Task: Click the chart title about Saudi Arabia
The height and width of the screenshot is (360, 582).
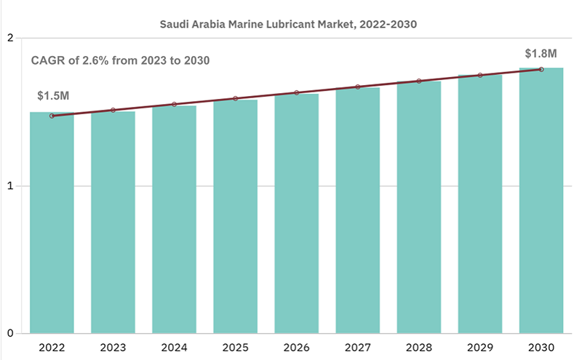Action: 292,24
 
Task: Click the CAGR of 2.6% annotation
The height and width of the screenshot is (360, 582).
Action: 120,60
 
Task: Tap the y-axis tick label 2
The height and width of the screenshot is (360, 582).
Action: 9,38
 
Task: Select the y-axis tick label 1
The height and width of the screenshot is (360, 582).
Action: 9,185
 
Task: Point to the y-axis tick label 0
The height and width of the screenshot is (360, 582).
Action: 9,334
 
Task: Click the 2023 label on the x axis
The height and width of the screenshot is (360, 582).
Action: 113,347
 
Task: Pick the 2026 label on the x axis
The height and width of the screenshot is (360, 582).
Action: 296,347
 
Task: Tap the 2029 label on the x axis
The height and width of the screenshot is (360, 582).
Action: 479,347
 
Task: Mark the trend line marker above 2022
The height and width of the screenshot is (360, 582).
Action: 52,116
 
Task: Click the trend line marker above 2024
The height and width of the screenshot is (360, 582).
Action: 174,104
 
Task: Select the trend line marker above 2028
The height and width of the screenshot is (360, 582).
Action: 419,81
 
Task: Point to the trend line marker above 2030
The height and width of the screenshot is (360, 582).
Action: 541,69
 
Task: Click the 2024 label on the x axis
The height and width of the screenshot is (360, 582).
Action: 174,347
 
